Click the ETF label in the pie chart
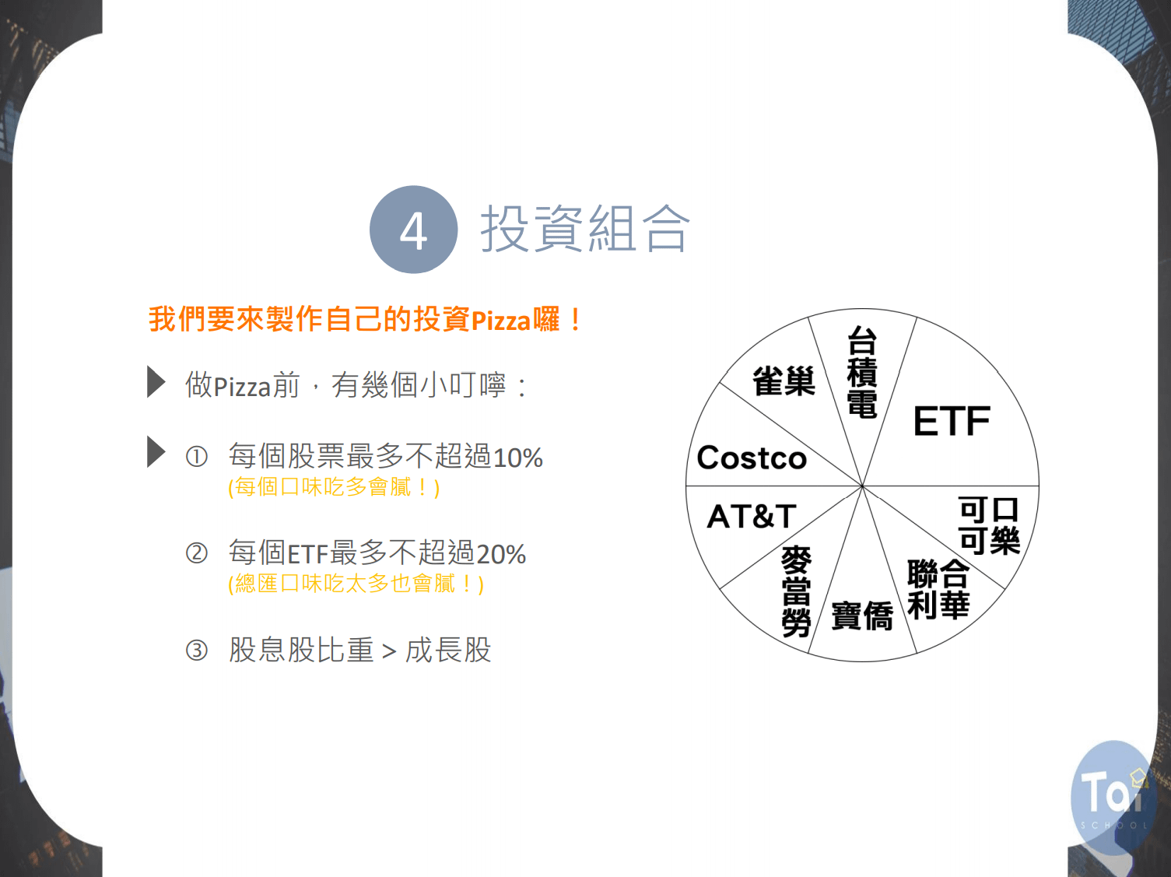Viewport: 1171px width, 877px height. pyautogui.click(x=952, y=421)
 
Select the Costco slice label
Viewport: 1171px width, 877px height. pyautogui.click(x=752, y=458)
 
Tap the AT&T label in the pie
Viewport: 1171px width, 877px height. pyautogui.click(x=752, y=516)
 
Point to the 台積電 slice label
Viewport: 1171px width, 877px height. pyautogui.click(x=862, y=372)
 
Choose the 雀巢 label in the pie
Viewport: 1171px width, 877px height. pyautogui.click(x=784, y=381)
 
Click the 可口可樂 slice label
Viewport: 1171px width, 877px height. pyautogui.click(x=990, y=525)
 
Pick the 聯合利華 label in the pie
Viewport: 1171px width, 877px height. pyautogui.click(x=938, y=589)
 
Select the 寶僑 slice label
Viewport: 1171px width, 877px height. pyautogui.click(x=862, y=616)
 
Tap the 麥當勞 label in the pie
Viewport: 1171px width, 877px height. pyautogui.click(x=796, y=591)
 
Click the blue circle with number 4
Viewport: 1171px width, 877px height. pyautogui.click(x=413, y=230)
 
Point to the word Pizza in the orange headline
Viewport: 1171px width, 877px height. pyautogui.click(x=501, y=321)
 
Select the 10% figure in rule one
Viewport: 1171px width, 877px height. pyautogui.click(x=518, y=458)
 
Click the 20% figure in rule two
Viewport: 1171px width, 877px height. pyautogui.click(x=501, y=554)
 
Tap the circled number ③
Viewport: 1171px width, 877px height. pyautogui.click(x=197, y=651)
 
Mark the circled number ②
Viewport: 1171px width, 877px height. pyautogui.click(x=197, y=553)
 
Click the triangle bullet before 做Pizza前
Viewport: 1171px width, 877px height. pyautogui.click(x=156, y=382)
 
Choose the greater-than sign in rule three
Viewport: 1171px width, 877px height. pyautogui.click(x=389, y=651)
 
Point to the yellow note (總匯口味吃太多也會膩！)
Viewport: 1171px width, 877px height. pyautogui.click(x=356, y=584)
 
